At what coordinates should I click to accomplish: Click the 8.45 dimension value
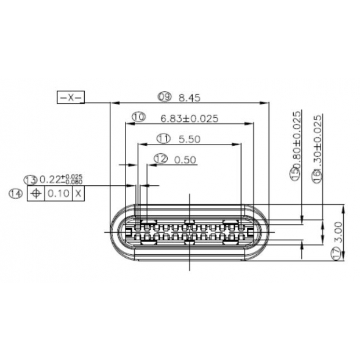pos(190,97)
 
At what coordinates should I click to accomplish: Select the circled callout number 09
pos(164,97)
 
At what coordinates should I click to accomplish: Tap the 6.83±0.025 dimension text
pos(189,118)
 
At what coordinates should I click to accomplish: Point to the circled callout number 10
pos(138,117)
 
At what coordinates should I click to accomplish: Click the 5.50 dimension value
pos(190,139)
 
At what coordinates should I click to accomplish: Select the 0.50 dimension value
pos(185,159)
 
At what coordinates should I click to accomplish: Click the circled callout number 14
pos(16,193)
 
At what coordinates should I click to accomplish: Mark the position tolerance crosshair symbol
pos(35,193)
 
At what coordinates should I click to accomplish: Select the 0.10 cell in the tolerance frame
pos(58,193)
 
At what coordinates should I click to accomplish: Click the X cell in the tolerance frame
pos(78,193)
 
